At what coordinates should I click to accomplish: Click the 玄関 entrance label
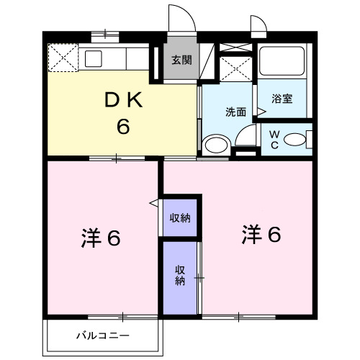coord(181,60)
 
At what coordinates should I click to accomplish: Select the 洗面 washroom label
coord(235,112)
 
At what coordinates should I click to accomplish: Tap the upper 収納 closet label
coord(179,218)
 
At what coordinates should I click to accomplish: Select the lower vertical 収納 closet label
coord(179,276)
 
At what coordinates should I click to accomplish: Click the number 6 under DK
coord(123,127)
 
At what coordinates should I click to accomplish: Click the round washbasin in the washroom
coord(214,145)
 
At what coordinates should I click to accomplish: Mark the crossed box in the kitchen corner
coord(62,57)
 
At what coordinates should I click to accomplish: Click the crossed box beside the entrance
coord(235,68)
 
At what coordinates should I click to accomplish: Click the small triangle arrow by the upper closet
coord(153,204)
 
